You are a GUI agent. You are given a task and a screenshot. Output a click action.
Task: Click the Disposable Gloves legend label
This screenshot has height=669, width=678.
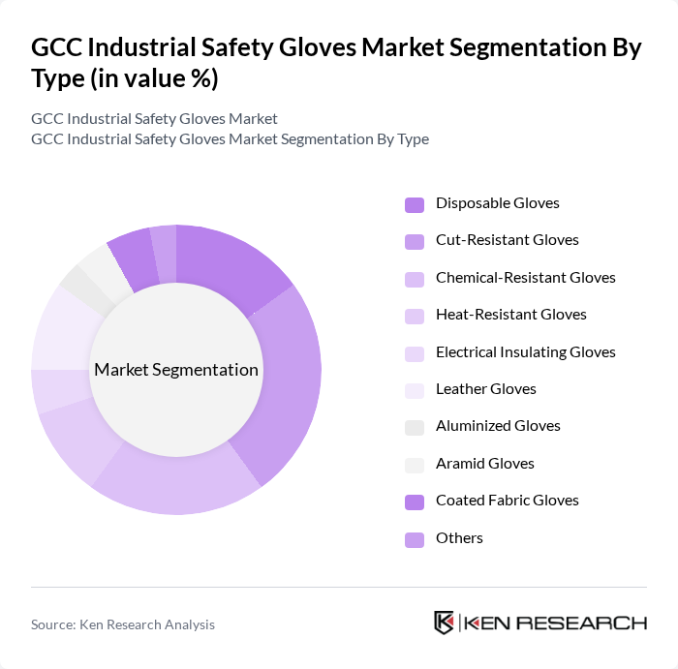pyautogui.click(x=497, y=203)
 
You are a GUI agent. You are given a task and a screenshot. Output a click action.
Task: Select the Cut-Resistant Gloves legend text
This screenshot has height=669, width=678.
pyautogui.click(x=507, y=240)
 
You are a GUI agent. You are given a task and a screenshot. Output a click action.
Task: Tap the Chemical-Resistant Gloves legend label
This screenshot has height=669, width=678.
pyautogui.click(x=525, y=278)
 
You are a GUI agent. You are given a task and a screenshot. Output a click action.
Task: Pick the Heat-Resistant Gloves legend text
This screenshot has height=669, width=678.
pyautogui.click(x=510, y=315)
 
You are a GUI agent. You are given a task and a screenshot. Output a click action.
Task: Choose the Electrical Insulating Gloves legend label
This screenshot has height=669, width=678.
pyautogui.click(x=525, y=352)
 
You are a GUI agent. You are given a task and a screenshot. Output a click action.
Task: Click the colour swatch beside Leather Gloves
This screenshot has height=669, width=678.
pyautogui.click(x=415, y=390)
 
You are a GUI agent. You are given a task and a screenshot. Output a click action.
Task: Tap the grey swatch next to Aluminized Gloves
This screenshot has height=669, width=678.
pyautogui.click(x=415, y=427)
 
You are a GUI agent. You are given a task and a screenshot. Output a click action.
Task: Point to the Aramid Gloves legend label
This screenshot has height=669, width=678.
pyautogui.click(x=484, y=464)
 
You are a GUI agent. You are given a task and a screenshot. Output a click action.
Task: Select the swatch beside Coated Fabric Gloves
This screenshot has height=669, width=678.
pyautogui.click(x=415, y=502)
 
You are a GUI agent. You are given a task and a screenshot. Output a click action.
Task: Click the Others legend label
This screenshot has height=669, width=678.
pyautogui.click(x=459, y=538)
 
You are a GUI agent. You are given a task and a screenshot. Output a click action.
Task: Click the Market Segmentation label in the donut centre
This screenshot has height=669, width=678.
pyautogui.click(x=176, y=370)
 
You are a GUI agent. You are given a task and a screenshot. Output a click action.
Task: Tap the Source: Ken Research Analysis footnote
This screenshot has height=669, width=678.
pyautogui.click(x=123, y=624)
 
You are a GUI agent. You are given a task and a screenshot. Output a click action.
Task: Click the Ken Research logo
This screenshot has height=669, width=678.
pyautogui.click(x=539, y=623)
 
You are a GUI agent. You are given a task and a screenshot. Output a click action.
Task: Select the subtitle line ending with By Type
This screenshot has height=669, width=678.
pyautogui.click(x=230, y=138)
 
